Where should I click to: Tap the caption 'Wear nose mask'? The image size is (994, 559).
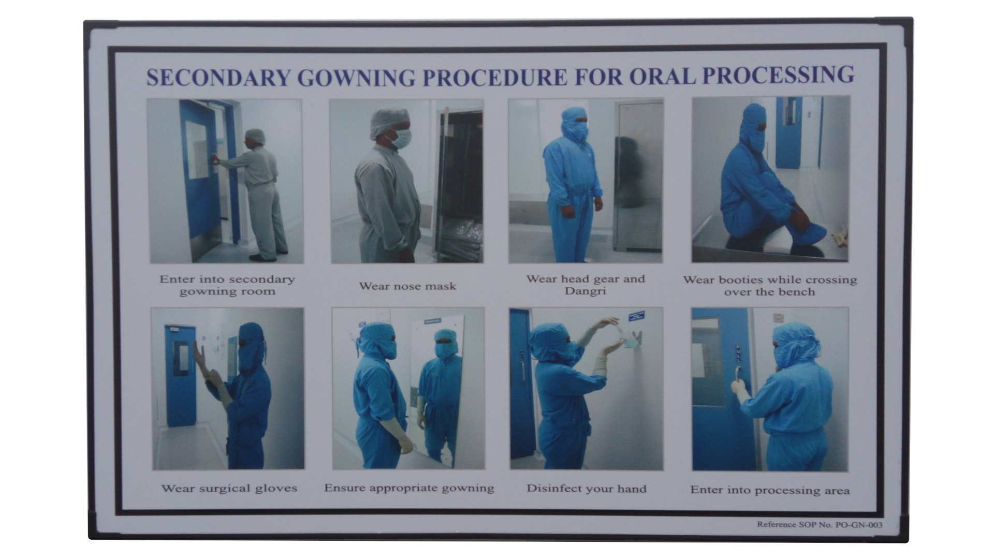[407, 286]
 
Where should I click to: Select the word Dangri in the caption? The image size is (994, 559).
[585, 291]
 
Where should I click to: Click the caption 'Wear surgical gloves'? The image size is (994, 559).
[229, 488]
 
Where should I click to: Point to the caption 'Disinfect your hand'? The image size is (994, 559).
[586, 489]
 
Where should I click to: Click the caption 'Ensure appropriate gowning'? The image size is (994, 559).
[409, 488]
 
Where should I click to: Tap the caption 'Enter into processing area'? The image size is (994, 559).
[769, 490]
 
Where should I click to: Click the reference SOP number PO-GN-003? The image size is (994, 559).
[859, 525]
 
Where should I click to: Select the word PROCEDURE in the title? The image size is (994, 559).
[494, 77]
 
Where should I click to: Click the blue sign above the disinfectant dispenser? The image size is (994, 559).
[636, 316]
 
